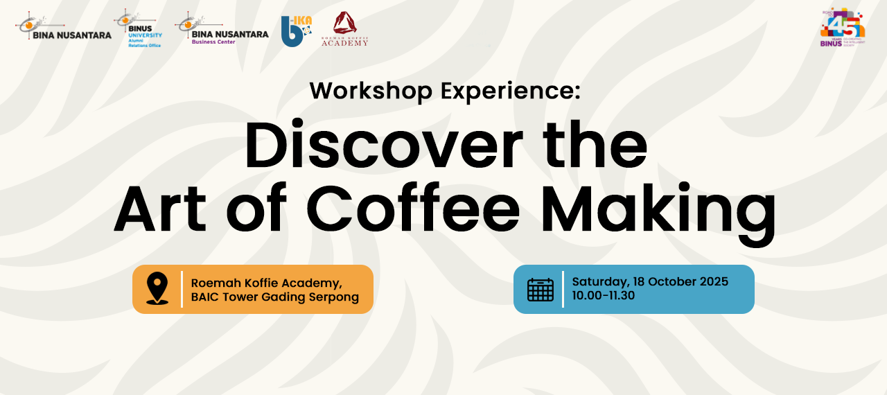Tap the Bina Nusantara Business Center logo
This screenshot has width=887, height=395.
coord(222,28)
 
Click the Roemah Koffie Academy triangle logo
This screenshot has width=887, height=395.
coord(345,29)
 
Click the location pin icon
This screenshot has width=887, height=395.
coord(157,289)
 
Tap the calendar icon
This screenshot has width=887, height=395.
coord(541,289)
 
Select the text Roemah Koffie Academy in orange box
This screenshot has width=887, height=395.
coord(267,282)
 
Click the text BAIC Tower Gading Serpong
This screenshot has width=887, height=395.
coord(275,297)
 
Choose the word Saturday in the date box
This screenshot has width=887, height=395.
coord(599,282)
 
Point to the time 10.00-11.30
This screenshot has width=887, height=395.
coord(604,296)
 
